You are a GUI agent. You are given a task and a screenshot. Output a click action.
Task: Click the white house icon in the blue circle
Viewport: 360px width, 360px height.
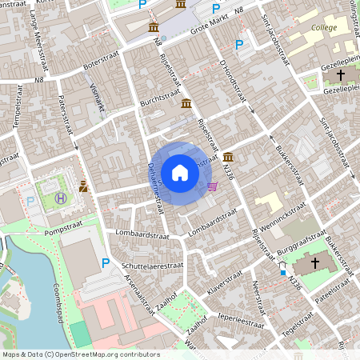coord(180,172)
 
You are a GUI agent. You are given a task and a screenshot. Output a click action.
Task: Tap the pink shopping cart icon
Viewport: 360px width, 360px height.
coord(212,186)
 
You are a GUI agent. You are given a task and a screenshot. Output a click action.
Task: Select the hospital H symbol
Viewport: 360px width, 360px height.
coord(61,198)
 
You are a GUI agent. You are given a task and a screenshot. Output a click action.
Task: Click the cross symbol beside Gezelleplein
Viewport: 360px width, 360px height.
coord(341,74)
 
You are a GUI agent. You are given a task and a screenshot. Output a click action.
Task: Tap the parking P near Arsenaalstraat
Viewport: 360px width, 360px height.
coord(106,262)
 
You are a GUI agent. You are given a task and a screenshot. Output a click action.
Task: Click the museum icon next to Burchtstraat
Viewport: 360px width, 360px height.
coord(186,104)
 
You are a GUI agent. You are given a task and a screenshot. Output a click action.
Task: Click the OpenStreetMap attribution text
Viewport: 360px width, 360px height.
coord(80,354)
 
